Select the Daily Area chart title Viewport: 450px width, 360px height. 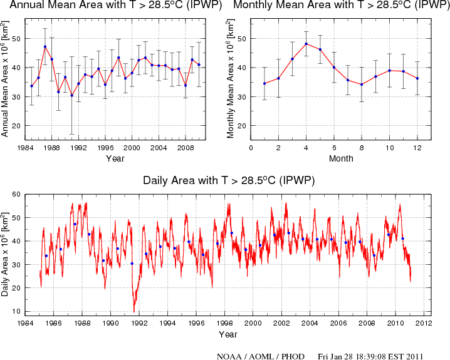click(x=229, y=180)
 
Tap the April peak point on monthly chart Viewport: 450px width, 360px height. click(x=306, y=44)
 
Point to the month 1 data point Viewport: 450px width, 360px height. click(x=264, y=83)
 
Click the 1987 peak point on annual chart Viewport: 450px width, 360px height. click(x=45, y=47)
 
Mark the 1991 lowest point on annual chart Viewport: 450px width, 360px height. click(x=71, y=95)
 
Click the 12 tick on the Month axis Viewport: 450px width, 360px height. click(x=417, y=148)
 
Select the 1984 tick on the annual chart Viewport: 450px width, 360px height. click(x=25, y=148)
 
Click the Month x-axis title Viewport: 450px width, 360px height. click(x=340, y=159)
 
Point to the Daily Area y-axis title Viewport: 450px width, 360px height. click(x=6, y=253)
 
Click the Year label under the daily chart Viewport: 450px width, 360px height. click(x=228, y=334)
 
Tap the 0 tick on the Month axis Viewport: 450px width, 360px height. click(x=251, y=148)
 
